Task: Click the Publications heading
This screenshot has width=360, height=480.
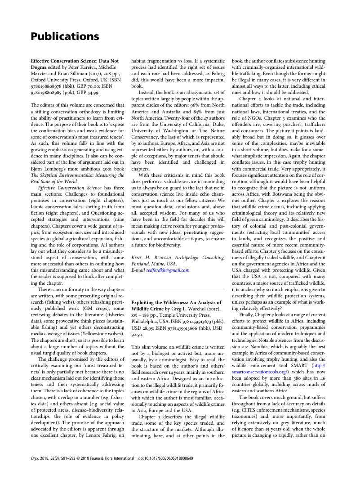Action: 65,36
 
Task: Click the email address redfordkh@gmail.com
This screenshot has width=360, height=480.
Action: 168,270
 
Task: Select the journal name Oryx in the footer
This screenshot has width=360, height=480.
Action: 36,458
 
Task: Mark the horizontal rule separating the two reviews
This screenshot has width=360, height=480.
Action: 178,290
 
